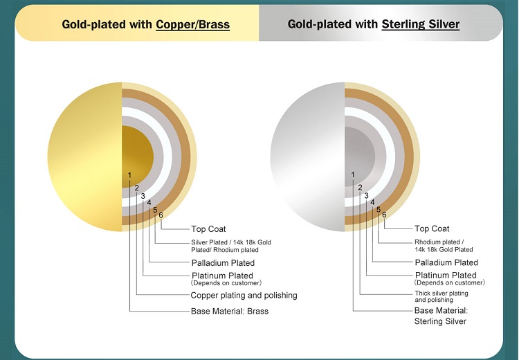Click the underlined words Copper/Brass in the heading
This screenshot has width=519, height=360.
click(x=192, y=24)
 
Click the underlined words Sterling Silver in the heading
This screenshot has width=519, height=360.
click(x=420, y=24)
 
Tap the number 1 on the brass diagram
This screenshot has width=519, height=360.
click(x=129, y=175)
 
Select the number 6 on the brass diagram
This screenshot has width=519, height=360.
click(x=161, y=215)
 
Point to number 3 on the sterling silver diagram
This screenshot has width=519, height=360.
click(x=366, y=196)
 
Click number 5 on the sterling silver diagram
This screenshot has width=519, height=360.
click(x=379, y=210)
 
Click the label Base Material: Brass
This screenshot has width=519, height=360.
click(x=230, y=312)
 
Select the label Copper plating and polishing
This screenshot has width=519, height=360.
click(x=244, y=296)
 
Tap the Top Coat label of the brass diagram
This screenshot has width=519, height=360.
click(x=208, y=229)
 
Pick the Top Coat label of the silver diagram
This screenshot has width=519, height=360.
click(x=432, y=229)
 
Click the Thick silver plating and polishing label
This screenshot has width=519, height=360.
click(x=441, y=297)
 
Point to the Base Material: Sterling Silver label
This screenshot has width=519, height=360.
click(x=441, y=316)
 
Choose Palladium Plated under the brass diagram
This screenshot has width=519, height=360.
click(x=223, y=263)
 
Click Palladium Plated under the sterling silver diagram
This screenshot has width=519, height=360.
click(x=446, y=262)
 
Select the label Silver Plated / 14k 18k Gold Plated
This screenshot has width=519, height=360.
click(x=231, y=246)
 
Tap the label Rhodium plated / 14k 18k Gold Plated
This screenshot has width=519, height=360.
click(x=444, y=246)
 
